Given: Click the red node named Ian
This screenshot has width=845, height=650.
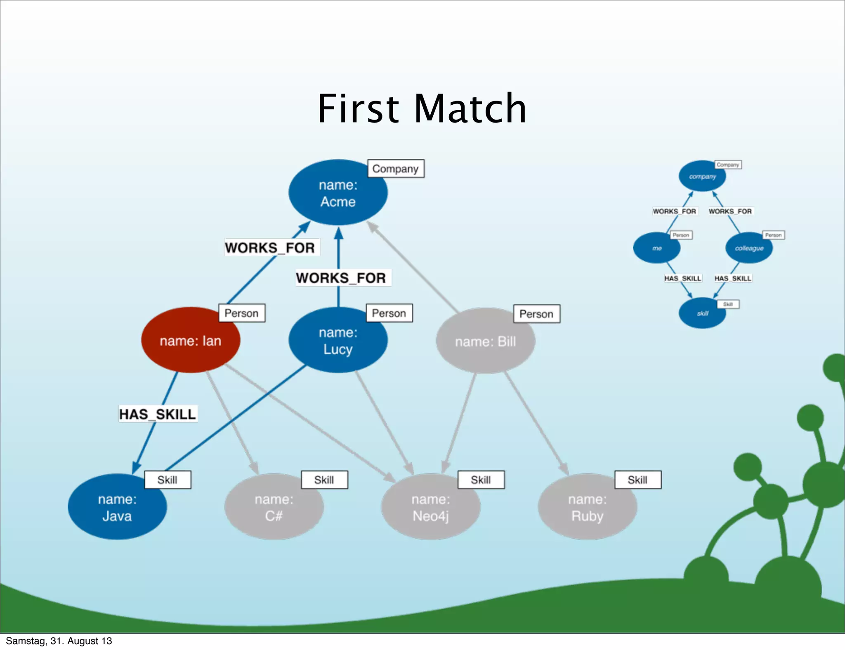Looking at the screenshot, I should click(190, 341).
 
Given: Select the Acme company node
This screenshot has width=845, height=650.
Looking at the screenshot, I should click(338, 193).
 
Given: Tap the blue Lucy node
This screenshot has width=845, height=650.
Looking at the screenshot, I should click(338, 341).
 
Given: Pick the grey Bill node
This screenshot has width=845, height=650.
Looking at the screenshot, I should click(485, 341).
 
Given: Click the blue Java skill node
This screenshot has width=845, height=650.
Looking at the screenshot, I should click(117, 507).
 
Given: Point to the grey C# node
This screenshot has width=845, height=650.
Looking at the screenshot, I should click(274, 507).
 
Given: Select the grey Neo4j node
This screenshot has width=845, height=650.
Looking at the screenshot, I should click(431, 507).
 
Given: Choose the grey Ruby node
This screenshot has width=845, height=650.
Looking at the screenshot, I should click(587, 507).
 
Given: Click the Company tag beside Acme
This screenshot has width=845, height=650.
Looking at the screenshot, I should click(395, 169).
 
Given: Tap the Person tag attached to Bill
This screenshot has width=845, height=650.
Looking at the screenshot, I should click(536, 314).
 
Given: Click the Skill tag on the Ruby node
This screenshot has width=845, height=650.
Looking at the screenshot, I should click(637, 480).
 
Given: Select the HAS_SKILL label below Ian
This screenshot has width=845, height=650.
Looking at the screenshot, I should click(158, 414).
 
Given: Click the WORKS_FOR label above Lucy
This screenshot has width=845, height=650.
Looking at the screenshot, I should click(341, 278).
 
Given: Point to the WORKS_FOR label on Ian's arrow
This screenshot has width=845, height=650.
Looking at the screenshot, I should click(270, 247).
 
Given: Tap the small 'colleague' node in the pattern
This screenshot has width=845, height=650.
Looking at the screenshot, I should click(749, 248).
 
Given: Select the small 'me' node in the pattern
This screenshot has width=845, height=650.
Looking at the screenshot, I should click(656, 248).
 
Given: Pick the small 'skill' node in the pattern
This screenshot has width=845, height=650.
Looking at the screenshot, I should click(702, 313).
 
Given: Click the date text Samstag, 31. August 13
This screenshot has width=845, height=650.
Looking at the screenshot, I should click(59, 641).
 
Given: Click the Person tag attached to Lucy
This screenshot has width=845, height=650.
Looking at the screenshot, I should click(389, 313).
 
